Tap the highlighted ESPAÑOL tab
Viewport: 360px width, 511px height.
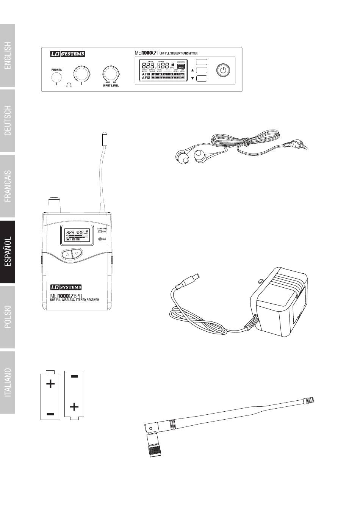tap(8, 252)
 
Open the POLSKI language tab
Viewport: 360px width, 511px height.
tap(8, 317)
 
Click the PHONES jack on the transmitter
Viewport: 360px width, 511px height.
tap(56, 78)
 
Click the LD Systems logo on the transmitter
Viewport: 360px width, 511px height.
tap(67, 54)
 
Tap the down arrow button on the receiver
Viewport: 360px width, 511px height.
tap(77, 254)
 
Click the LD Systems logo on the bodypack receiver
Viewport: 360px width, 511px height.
tap(66, 287)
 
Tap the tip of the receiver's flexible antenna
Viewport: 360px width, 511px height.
tap(104, 138)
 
